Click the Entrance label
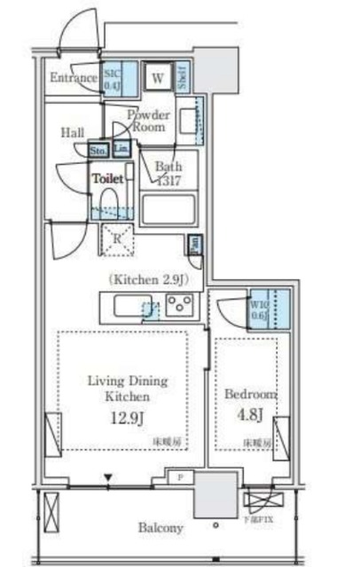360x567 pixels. [74, 78]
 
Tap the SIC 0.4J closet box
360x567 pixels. [113, 81]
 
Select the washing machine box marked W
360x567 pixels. [157, 78]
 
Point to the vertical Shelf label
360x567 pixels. [181, 78]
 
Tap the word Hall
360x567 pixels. [73, 132]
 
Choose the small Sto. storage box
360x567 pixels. [98, 150]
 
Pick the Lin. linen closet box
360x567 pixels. [121, 150]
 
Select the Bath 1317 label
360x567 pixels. [168, 172]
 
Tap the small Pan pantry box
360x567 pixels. [193, 244]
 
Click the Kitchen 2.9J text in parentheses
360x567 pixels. [149, 279]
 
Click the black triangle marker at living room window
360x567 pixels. [108, 480]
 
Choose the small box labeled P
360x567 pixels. [181, 478]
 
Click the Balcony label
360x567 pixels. [160, 528]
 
